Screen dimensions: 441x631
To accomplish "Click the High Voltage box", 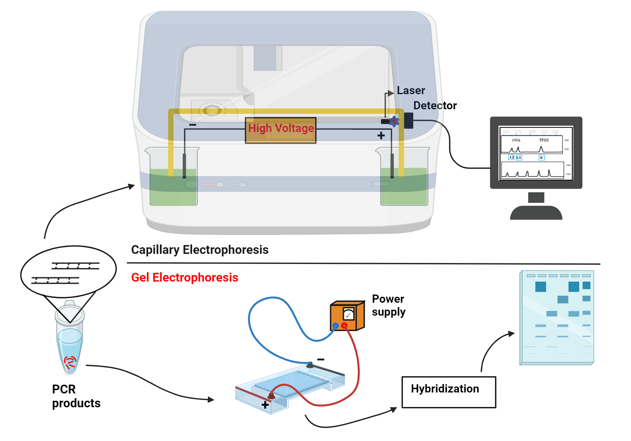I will tap(280, 130).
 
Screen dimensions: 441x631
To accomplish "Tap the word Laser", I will tap(411, 91).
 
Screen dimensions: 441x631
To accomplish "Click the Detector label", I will tap(435, 106).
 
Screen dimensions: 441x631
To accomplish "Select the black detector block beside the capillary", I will tap(409, 121).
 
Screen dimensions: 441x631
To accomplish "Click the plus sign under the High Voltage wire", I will tap(381, 135).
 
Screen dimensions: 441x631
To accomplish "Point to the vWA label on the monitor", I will tap(516, 140).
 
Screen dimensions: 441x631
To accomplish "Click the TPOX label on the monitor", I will tap(544, 140).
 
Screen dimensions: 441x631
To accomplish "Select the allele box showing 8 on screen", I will tap(541, 157).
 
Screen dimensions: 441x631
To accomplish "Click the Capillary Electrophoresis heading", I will tap(200, 250).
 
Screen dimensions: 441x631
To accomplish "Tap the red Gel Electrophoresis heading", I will tap(185, 278).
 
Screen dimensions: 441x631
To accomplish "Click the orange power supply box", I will tap(347, 316).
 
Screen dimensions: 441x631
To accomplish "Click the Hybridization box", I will tap(448, 392).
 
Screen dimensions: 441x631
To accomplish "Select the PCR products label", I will tap(76, 396).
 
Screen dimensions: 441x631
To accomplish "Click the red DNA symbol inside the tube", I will tap(70, 362).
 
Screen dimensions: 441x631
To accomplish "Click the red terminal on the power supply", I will tap(344, 325).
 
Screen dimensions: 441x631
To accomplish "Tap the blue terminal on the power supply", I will tap(335, 326).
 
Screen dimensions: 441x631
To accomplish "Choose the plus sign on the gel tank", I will tap(265, 405).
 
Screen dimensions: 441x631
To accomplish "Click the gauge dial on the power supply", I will tap(348, 314).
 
